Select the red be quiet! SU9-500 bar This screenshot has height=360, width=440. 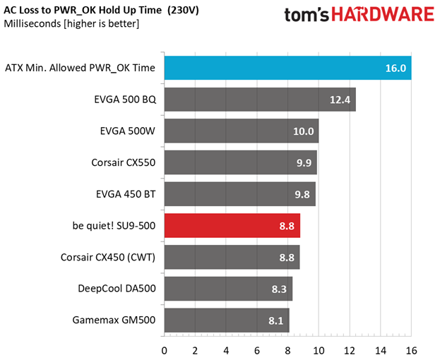pyautogui.click(x=232, y=226)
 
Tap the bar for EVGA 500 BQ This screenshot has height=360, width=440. pyautogui.click(x=259, y=100)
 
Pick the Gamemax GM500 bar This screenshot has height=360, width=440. pyautogui.click(x=226, y=320)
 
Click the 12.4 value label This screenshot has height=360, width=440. pyautogui.click(x=340, y=100)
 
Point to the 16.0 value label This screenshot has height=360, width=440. pyautogui.click(x=396, y=69)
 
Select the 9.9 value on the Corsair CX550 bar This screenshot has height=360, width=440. pyautogui.click(x=303, y=163)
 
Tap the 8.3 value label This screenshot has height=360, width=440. pyautogui.click(x=278, y=289)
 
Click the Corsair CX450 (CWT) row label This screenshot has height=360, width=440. pyautogui.click(x=108, y=257)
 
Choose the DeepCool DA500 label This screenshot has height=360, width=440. pyautogui.click(x=117, y=288)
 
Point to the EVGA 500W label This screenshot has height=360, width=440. pyautogui.click(x=128, y=131)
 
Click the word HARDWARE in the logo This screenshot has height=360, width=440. pyautogui.click(x=382, y=16)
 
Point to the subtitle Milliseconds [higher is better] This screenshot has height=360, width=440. pyautogui.click(x=71, y=24)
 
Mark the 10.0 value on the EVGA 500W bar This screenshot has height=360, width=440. pyautogui.click(x=304, y=131)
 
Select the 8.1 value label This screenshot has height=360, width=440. pyautogui.click(x=275, y=320)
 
